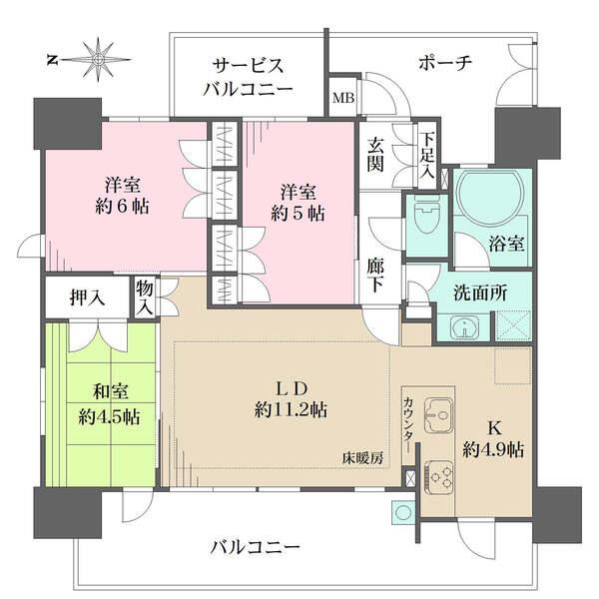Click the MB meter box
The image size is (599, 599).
(342, 97)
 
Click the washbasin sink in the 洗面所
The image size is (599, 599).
(464, 325)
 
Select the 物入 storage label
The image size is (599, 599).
(145, 298)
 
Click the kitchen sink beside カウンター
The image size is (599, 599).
(437, 410)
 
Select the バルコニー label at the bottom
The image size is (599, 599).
(256, 547)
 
